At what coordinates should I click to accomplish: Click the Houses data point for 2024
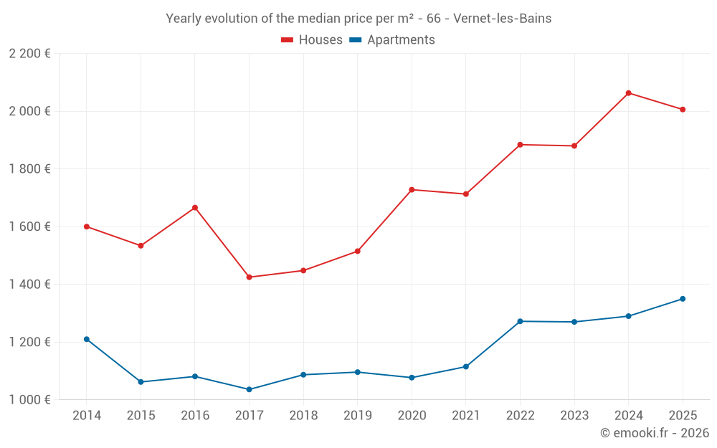coord(628,93)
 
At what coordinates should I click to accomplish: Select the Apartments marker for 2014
coord(87,339)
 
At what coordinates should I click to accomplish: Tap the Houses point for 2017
coord(250,277)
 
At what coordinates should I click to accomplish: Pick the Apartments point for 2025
coord(683,299)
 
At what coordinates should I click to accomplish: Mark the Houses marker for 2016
coord(195,208)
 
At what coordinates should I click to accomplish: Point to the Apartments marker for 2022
coord(520,321)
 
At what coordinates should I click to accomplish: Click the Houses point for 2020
coord(412,190)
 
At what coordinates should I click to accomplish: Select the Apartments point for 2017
coord(250,389)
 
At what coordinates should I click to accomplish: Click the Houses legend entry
coord(312,40)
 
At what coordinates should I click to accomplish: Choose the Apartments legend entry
coord(392,40)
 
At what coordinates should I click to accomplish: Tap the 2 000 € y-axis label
coord(29,111)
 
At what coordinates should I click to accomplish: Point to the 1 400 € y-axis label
coord(29,285)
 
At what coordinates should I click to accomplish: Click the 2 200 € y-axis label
coord(29,54)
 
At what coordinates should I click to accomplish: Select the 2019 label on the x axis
coord(358,416)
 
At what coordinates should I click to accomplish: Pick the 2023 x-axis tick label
coord(574,416)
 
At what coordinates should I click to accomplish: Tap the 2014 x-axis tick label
coord(87,416)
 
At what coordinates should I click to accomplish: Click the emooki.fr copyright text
coord(654,433)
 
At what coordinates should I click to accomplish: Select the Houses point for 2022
coord(520,145)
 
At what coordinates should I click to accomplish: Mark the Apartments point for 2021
coord(466,367)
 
